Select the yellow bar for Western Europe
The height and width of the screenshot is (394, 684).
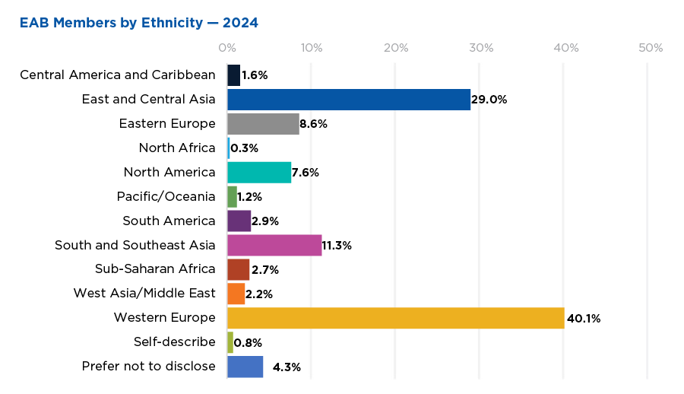[395, 318]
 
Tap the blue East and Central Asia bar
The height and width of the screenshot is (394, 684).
[349, 99]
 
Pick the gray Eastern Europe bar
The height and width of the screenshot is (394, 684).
[263, 123]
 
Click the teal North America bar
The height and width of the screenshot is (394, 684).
[259, 172]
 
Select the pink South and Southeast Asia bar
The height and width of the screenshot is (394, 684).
[274, 245]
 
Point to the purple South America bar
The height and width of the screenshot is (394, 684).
[239, 221]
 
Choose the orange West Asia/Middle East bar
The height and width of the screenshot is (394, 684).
[236, 294]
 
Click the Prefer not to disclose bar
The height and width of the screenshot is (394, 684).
[245, 367]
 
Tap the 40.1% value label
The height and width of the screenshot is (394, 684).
[584, 319]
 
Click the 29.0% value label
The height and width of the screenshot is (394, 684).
[489, 100]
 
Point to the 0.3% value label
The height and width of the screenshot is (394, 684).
[243, 148]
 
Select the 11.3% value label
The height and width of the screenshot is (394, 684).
[337, 246]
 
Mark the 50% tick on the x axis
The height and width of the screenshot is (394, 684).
[650, 48]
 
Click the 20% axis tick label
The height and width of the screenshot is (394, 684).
[396, 48]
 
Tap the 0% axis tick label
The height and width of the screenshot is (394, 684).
[226, 48]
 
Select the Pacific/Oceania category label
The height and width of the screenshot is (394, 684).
[166, 196]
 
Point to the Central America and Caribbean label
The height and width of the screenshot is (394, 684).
[118, 75]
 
